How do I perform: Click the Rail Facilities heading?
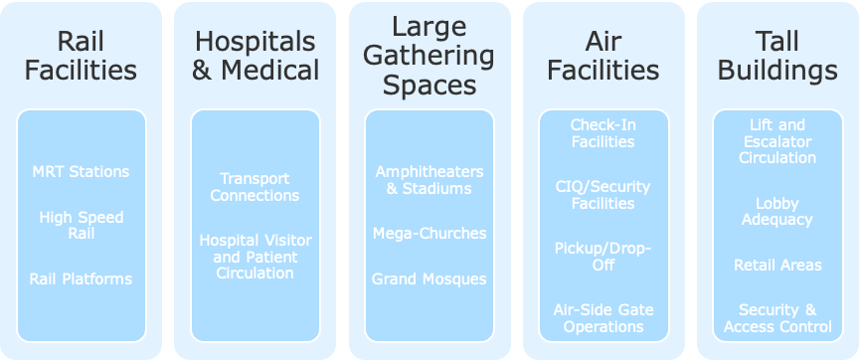pos(81,56)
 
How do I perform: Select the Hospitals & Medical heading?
pos(257,56)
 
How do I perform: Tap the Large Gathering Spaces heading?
pos(430,55)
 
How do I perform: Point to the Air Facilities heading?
pos(603,56)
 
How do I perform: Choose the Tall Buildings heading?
pos(777,56)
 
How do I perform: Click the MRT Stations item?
pos(81,171)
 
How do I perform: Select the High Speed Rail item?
pos(81,225)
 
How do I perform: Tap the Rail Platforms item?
pos(81,278)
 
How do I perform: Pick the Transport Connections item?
pos(256,187)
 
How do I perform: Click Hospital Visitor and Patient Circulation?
pos(256,257)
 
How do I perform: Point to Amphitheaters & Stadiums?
pos(430,180)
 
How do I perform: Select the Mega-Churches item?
pos(430,233)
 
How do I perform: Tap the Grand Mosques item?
pos(430,278)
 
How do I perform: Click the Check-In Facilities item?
pos(603,133)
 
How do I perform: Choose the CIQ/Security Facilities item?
pos(603,195)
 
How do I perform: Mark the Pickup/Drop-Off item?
pos(603,257)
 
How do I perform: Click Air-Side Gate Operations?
pos(603,318)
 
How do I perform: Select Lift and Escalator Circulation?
pos(777,141)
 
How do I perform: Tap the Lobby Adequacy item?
pos(777,211)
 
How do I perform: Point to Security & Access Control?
pos(777,318)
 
